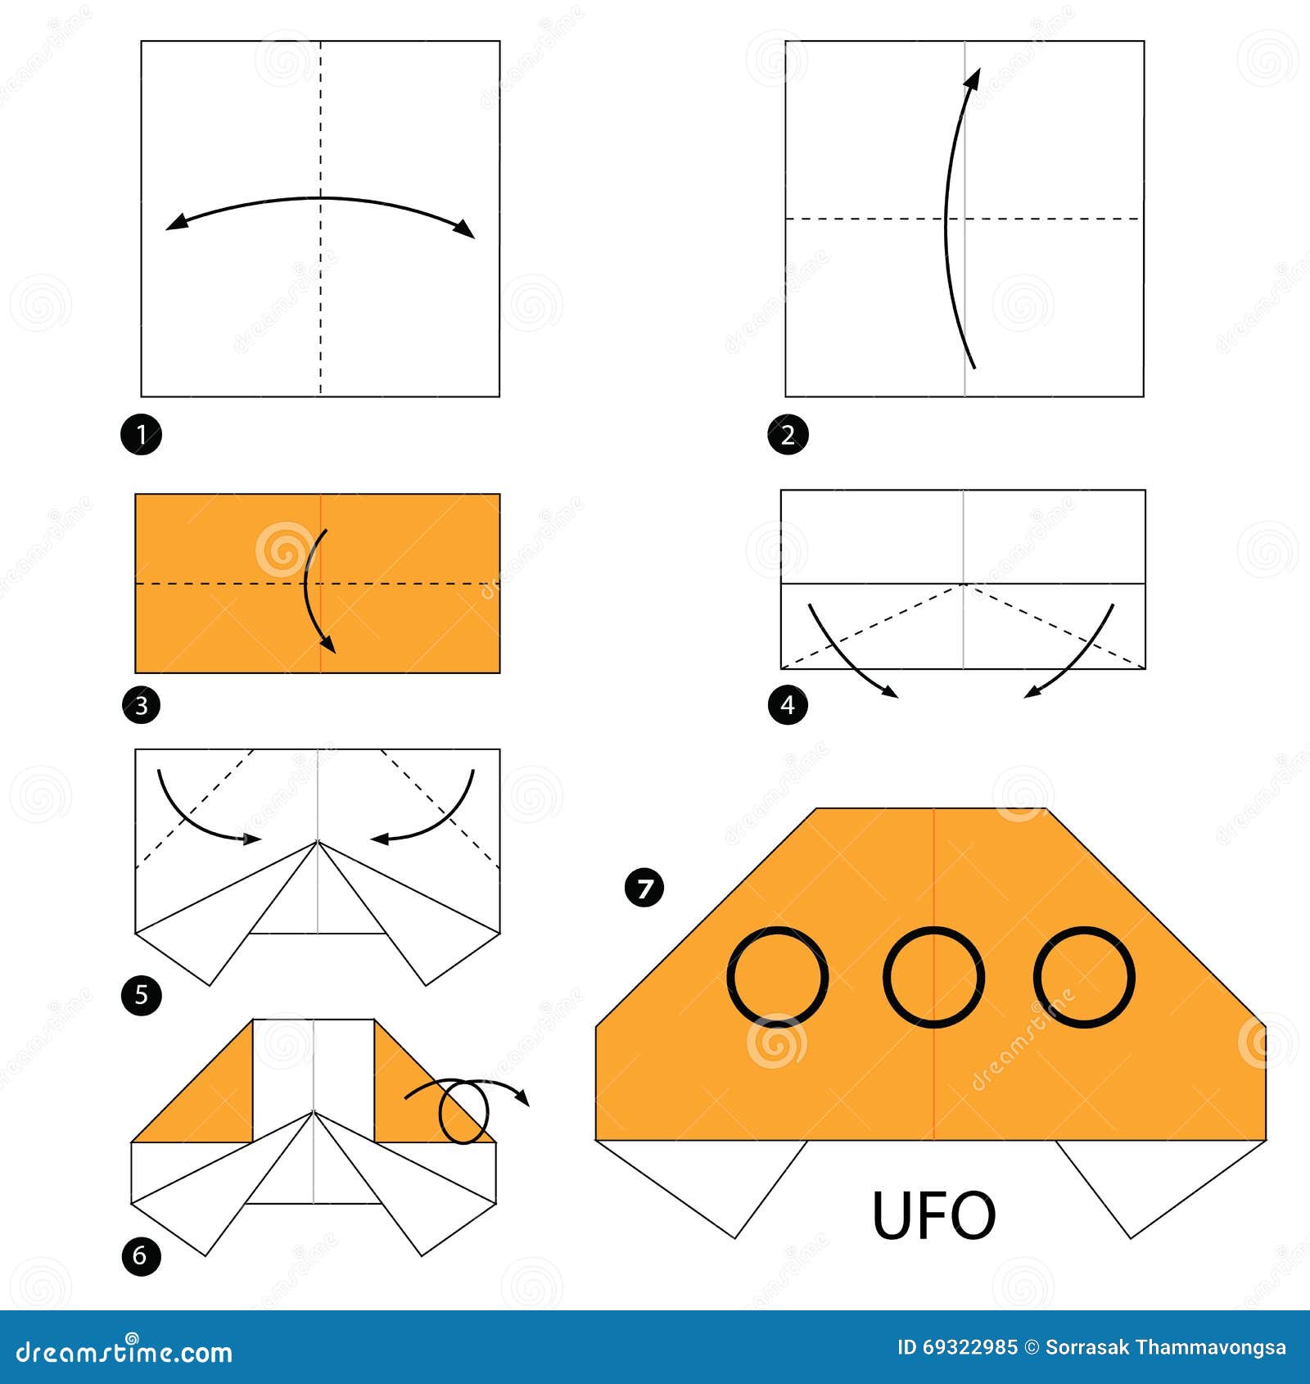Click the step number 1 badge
click(141, 434)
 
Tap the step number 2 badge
click(788, 434)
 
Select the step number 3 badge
click(141, 704)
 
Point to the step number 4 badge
click(788, 704)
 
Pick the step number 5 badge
click(141, 995)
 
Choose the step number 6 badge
click(141, 1255)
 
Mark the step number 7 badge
click(644, 888)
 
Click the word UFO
click(934, 1215)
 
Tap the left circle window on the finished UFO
click(730, 977)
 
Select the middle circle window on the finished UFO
click(886, 977)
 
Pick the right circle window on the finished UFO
click(1037, 977)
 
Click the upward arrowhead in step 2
click(973, 78)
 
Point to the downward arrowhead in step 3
click(327, 644)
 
